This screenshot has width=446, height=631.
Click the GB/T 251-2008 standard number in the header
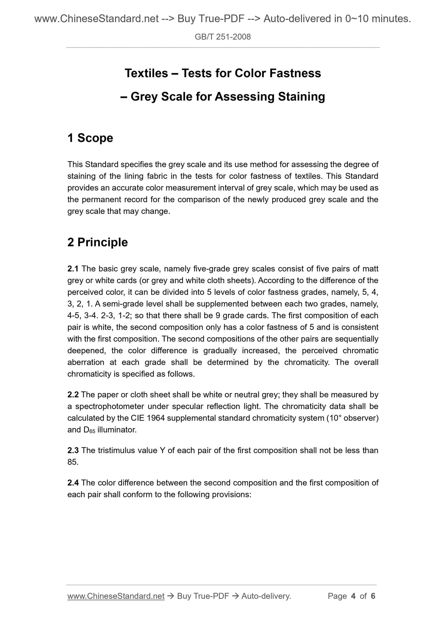point(223,37)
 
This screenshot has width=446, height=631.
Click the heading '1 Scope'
point(90,138)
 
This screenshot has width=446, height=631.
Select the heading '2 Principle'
point(98,242)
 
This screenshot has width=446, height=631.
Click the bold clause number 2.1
point(73,269)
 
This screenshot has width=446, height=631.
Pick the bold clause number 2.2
point(73,395)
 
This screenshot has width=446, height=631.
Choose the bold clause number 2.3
point(73,450)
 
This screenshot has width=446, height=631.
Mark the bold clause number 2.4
point(73,483)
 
